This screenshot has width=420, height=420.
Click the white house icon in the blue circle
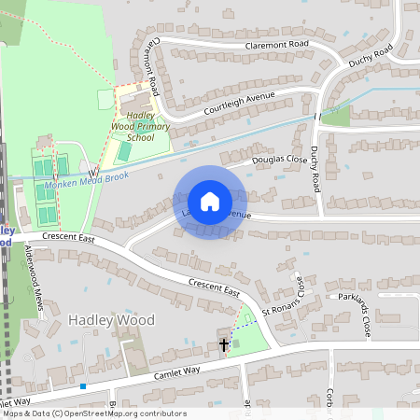tap(210, 202)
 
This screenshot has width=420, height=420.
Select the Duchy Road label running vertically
tap(315, 167)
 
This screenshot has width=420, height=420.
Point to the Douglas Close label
tap(280, 160)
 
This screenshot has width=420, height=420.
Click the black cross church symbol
tap(224, 345)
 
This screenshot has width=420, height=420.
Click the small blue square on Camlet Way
tap(83, 386)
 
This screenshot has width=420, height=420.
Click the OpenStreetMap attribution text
tap(93, 413)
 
